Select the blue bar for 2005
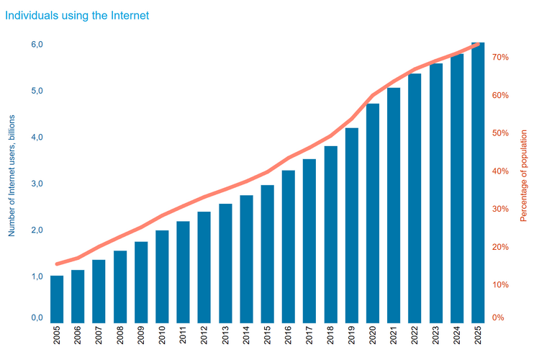coord(57,299)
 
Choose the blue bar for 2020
coord(373,213)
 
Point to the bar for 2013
coord(225,263)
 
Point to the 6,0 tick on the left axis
coord(36,45)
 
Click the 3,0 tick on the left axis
coord(36,184)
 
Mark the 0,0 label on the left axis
coord(36,318)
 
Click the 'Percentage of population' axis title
coord(523,174)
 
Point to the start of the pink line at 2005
coord(57,264)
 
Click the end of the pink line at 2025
coord(478,45)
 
